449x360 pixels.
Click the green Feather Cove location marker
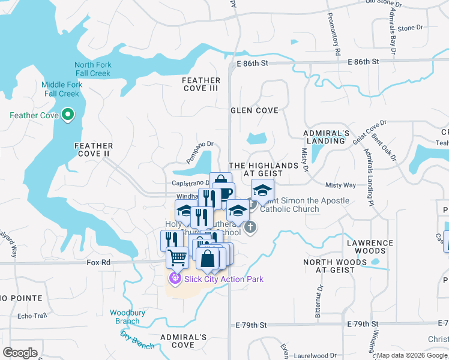[68, 114]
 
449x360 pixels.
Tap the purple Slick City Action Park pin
[175, 278]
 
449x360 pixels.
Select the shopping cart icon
[177, 257]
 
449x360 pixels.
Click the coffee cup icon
[224, 194]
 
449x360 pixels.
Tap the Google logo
[20, 352]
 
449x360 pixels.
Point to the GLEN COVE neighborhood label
[255, 110]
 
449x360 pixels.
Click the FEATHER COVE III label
[201, 85]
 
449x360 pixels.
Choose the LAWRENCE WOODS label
[370, 247]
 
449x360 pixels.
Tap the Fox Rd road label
[99, 262]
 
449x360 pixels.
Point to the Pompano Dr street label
[199, 152]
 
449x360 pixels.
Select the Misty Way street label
[340, 185]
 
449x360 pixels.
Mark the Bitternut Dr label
[318, 305]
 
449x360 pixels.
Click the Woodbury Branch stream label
[125, 317]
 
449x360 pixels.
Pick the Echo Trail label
[32, 316]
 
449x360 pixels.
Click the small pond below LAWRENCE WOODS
[376, 262]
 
